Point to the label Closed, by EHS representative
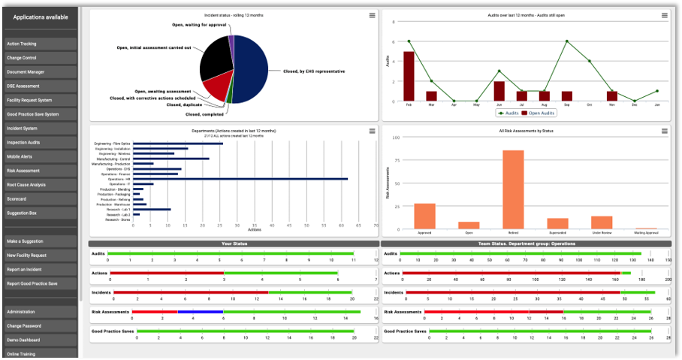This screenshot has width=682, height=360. pyautogui.click(x=314, y=71)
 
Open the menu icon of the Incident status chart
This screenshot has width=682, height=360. pyautogui.click(x=372, y=16)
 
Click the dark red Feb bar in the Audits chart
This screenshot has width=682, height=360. pyautogui.click(x=409, y=76)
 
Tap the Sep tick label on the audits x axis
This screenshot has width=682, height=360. pyautogui.click(x=566, y=105)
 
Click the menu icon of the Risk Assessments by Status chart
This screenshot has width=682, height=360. pyautogui.click(x=664, y=131)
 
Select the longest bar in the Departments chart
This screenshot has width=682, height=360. pyautogui.click(x=240, y=179)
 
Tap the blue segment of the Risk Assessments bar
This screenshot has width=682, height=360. pyautogui.click(x=200, y=311)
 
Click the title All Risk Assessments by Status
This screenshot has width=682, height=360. pyautogui.click(x=526, y=131)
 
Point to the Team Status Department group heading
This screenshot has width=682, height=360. pyautogui.click(x=526, y=244)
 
